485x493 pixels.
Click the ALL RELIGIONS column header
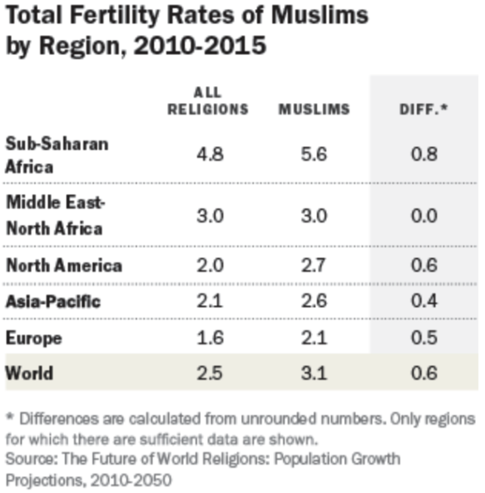coord(208,101)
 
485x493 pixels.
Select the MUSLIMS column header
coord(314,109)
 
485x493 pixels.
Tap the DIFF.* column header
coord(423,109)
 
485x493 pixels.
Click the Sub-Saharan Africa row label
coord(57,156)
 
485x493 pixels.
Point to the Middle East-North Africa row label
coord(55,215)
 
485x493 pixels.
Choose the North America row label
coord(64,265)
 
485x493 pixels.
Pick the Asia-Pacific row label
coord(54,301)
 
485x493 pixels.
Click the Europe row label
coord(34,338)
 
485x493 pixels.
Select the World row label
coord(29,373)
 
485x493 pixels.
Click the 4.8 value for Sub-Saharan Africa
coord(210,154)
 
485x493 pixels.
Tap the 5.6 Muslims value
coord(314,154)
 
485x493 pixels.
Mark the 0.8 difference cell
coord(424,154)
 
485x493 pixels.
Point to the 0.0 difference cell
coord(424,216)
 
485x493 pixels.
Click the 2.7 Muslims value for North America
coord(313,265)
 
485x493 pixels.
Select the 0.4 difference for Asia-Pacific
coord(424,301)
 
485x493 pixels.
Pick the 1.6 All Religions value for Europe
coord(210,338)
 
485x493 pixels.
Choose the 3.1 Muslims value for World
coord(314,373)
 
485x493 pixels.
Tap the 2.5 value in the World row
coord(210,373)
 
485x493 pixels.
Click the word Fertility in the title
coord(115,15)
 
